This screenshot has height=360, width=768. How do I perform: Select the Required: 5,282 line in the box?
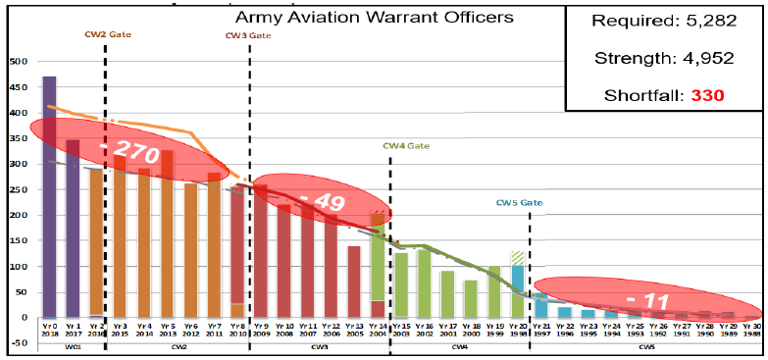[666, 22]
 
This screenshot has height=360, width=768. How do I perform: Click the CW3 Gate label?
[248, 35]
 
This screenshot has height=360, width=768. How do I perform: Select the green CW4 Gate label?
[406, 146]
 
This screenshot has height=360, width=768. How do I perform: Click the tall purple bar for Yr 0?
[49, 196]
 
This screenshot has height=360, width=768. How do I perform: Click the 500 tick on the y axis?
[17, 61]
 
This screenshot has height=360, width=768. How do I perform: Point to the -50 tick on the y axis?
[17, 343]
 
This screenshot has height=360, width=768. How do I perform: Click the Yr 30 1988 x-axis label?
[752, 330]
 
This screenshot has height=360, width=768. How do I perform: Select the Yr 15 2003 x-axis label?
[400, 330]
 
